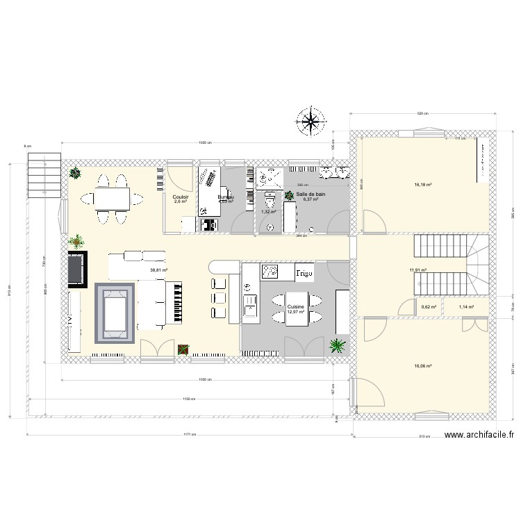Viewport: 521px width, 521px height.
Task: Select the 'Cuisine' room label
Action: (296, 306)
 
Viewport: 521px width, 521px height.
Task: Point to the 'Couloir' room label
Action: (181, 197)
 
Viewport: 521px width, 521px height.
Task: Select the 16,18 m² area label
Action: (424, 185)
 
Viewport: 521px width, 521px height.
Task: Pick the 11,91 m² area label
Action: (417, 270)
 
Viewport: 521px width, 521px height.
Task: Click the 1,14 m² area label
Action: (466, 306)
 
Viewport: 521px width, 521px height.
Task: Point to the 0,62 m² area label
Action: (429, 306)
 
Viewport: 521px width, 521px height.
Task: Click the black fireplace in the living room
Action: (76, 268)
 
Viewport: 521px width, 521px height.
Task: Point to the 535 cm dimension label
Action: (422, 113)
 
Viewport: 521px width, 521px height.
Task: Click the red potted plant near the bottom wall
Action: (183, 349)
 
